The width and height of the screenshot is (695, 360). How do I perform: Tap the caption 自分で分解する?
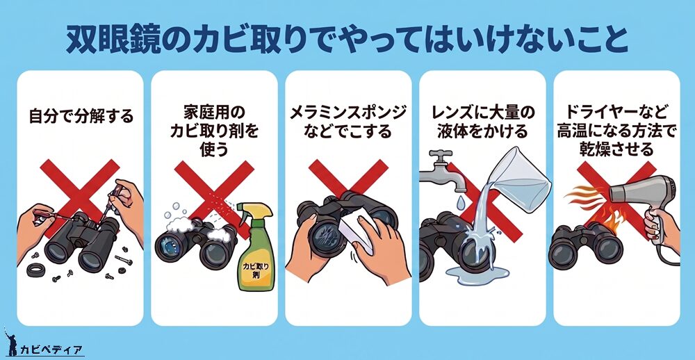click(81, 117)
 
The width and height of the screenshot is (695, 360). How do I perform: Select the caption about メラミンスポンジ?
click(348, 122)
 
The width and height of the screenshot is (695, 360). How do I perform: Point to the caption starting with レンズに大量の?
click(483, 122)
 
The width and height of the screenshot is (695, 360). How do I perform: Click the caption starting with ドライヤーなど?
click(616, 131)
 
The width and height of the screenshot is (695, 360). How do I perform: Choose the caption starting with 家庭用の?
click(214, 131)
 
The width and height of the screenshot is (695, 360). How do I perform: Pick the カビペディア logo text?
click(51, 350)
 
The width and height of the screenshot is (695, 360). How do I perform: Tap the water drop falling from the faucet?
click(461, 203)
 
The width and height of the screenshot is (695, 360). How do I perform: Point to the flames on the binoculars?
click(602, 218)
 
